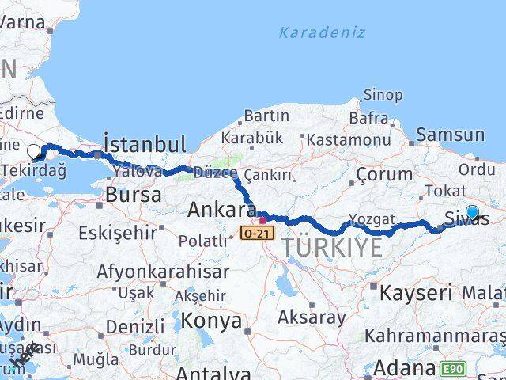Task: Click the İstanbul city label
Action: point(145,144)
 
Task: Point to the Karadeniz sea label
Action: point(322,32)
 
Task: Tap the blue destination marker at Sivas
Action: point(472,212)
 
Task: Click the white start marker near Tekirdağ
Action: point(33,151)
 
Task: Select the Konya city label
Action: point(211,321)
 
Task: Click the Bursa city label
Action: point(133,195)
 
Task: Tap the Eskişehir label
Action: point(119,233)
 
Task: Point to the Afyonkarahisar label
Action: point(163,271)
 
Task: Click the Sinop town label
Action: point(382,95)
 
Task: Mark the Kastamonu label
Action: point(349,139)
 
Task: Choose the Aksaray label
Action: point(312,317)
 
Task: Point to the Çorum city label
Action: point(384,174)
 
